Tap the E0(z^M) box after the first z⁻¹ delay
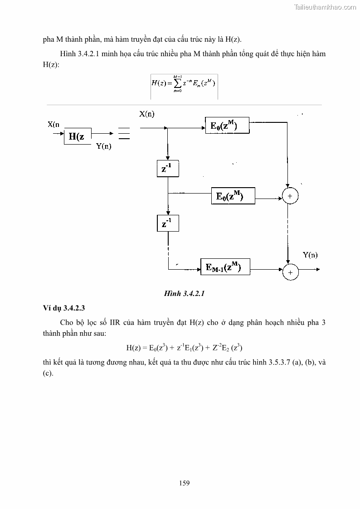[233, 196]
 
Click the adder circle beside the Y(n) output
[290, 271]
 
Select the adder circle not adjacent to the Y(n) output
[290, 196]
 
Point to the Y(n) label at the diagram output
[310, 255]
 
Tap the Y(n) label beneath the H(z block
[103, 146]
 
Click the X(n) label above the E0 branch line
[146, 114]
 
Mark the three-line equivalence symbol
[123, 134]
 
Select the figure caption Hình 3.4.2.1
[185, 293]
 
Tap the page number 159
[184, 483]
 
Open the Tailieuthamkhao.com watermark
[326, 7]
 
